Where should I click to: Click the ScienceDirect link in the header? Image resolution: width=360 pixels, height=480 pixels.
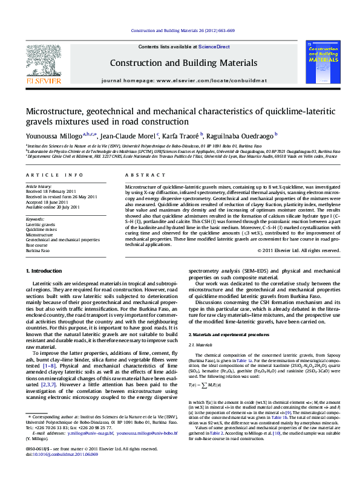214,47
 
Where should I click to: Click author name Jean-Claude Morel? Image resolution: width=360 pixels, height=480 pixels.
128,137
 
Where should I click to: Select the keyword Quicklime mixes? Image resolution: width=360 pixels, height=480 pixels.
41,230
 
